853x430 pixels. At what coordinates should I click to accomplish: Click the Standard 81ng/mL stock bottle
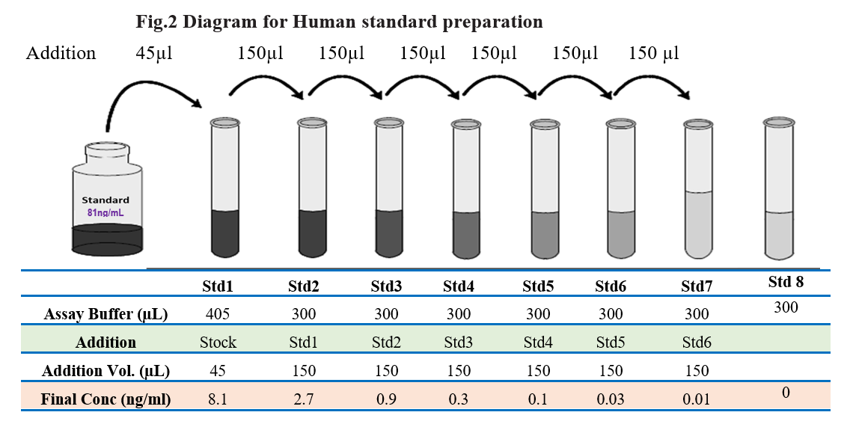(108, 198)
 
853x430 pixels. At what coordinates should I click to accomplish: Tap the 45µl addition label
(154, 53)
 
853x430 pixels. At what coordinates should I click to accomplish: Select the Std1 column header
(218, 286)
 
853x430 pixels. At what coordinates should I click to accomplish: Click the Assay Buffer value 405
(218, 313)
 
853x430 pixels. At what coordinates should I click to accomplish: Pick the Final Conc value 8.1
(218, 399)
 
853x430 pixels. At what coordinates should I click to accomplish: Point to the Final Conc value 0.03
(611, 399)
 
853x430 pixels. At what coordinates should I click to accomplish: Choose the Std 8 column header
(786, 281)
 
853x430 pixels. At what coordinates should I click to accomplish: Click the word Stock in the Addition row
(218, 342)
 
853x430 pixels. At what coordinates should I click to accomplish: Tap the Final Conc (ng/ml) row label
(106, 399)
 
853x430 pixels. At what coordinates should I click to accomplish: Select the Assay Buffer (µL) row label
(106, 314)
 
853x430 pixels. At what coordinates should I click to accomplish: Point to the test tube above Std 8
(778, 188)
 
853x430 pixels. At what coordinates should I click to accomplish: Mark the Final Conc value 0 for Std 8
(786, 393)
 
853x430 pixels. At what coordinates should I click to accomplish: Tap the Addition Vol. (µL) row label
(106, 371)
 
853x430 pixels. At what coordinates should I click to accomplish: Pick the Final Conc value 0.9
(386, 399)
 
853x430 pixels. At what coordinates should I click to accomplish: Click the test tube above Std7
(698, 188)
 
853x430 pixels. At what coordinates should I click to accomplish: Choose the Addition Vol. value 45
(218, 371)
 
